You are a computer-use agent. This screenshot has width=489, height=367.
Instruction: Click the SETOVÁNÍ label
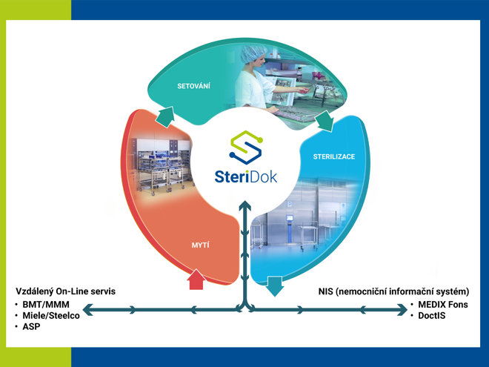coord(194,86)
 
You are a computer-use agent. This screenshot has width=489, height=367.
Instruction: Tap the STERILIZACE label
coord(333,157)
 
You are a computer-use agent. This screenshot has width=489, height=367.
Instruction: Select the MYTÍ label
coord(201,244)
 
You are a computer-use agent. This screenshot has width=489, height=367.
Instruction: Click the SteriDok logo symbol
coord(245,147)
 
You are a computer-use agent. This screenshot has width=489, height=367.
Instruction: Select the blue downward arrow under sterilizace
coord(276,285)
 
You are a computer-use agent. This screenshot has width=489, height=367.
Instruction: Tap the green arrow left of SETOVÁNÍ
coord(165,116)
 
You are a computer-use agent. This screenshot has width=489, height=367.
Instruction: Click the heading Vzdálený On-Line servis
coord(66,291)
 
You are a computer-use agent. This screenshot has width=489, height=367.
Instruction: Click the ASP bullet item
coord(32,327)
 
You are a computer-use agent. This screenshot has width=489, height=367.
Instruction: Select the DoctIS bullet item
coord(433,316)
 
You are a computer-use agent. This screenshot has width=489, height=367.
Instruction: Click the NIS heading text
coord(393,291)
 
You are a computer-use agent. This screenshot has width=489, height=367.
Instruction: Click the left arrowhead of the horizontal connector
coord(87,309)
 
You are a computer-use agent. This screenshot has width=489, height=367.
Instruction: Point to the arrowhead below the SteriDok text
coord(245,205)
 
